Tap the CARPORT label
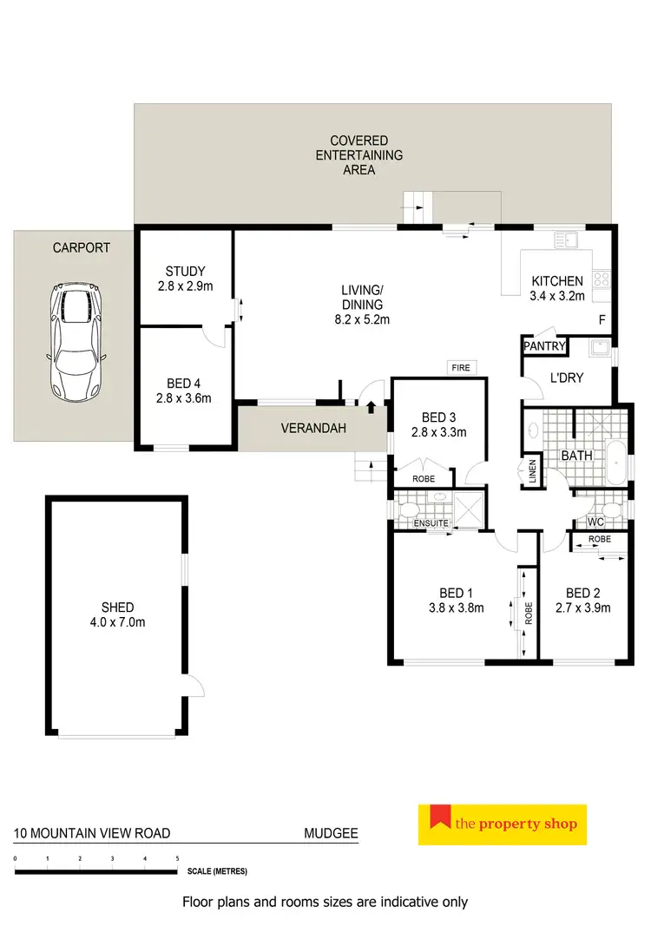(82, 247)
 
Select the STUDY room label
(185, 272)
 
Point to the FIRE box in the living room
(460, 368)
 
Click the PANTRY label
(544, 347)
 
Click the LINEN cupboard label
(531, 473)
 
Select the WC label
(595, 522)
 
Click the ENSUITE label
(431, 523)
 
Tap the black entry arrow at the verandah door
(371, 405)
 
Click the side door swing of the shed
(196, 686)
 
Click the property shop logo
(503, 824)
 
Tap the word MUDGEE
(331, 835)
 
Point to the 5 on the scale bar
(178, 857)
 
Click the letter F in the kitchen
(602, 320)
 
